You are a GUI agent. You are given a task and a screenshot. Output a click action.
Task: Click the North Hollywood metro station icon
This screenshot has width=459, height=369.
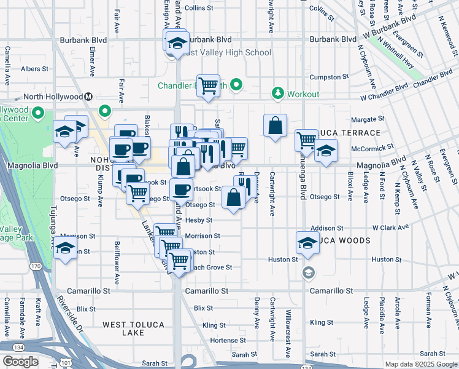(x=89, y=97)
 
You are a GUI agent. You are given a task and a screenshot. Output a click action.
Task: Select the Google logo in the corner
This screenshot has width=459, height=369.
(x=21, y=362)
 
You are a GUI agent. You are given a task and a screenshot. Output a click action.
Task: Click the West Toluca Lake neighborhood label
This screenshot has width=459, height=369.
(x=123, y=328)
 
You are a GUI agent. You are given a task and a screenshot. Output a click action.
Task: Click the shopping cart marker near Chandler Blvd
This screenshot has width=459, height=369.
(x=209, y=84)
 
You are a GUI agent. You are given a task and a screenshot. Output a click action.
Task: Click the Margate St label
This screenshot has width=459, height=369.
(x=368, y=119)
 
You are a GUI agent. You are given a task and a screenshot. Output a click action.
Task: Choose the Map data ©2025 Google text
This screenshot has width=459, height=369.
(x=417, y=364)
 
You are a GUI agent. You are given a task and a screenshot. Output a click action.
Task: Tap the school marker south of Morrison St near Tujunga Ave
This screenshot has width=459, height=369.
(x=65, y=248)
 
